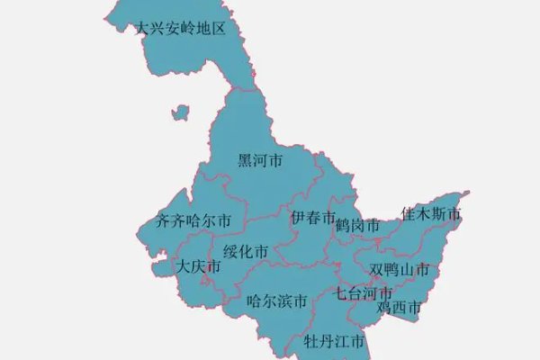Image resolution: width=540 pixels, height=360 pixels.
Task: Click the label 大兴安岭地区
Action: tap(179, 29)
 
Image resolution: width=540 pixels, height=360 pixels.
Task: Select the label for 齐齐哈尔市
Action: tap(193, 220)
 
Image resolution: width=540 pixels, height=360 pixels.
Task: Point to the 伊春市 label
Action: tap(313, 218)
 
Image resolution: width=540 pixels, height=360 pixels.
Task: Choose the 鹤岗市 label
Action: tap(356, 226)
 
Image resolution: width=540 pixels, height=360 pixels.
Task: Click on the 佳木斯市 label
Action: tap(431, 214)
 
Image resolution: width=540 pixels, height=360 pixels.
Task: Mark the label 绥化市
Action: tap(246, 251)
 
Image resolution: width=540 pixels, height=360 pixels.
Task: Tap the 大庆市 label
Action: tap(197, 266)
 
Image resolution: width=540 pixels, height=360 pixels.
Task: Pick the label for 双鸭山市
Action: tap(399, 270)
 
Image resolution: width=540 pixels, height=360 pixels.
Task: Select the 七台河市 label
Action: tap(364, 293)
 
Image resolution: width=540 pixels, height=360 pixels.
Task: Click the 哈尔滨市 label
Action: tap(277, 301)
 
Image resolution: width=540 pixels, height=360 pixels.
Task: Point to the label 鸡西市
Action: tap(399, 309)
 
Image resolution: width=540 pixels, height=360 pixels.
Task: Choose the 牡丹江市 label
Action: tap(334, 342)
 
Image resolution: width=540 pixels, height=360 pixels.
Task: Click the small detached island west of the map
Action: tap(182, 113)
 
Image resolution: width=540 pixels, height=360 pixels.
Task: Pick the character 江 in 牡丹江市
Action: tap(341, 342)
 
